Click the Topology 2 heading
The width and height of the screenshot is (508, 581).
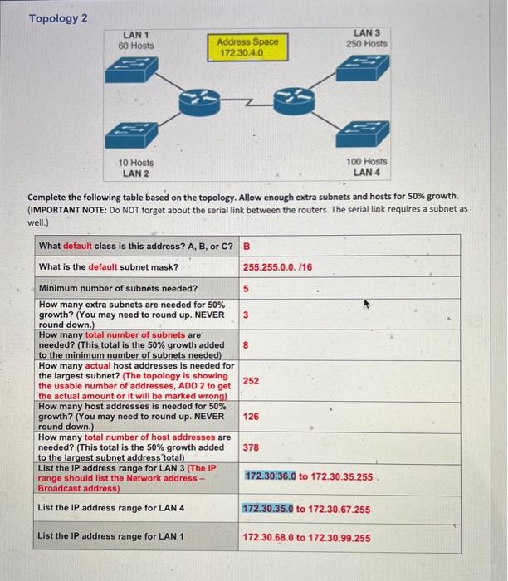59,18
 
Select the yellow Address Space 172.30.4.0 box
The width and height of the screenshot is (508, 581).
247,46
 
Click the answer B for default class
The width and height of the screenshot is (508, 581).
247,246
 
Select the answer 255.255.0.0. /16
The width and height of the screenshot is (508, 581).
277,266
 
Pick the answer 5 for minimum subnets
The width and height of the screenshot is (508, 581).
247,289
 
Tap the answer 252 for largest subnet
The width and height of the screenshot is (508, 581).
252,380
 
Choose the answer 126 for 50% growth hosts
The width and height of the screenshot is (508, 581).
252,417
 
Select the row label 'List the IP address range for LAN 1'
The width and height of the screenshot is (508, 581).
111,536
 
